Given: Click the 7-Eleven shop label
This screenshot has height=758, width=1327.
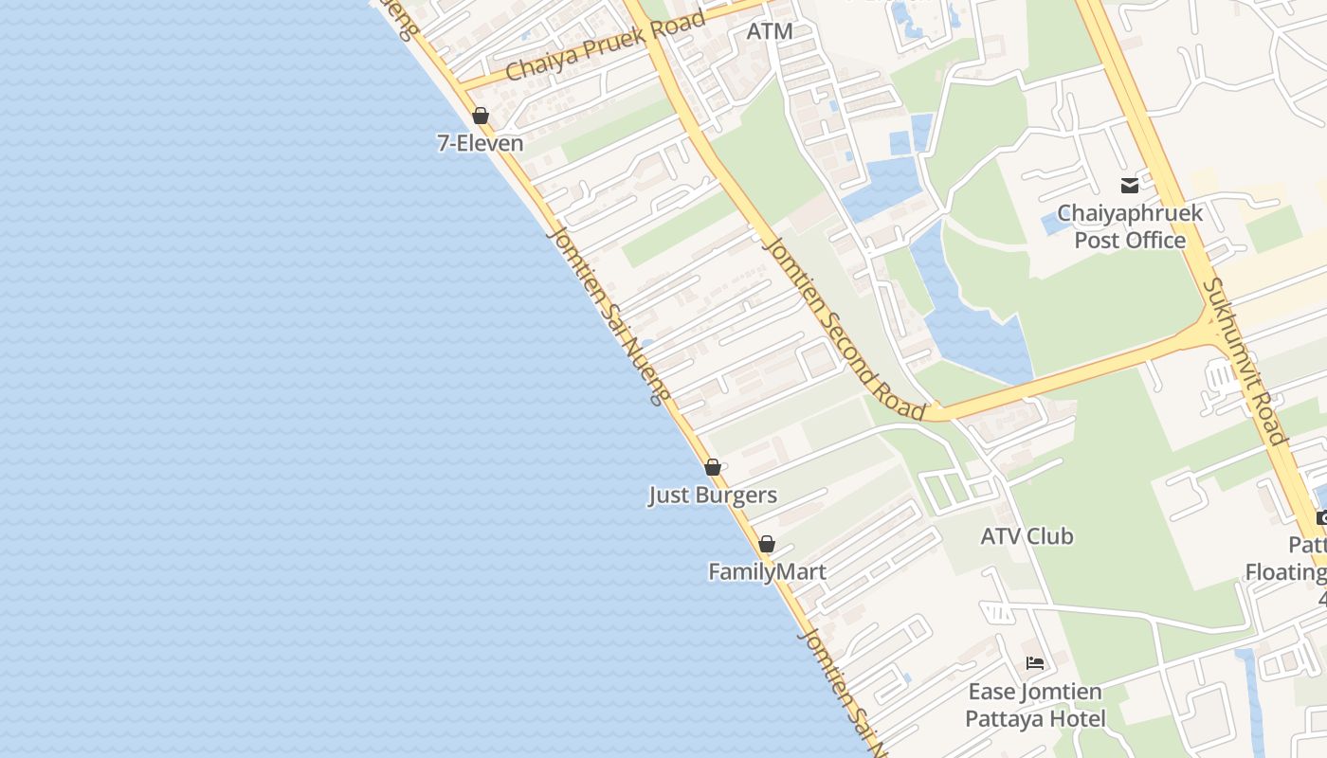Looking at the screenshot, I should click(480, 144).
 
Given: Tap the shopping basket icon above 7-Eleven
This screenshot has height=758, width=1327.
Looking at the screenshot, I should click(481, 116).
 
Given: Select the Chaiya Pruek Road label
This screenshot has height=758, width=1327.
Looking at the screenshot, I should click(606, 45).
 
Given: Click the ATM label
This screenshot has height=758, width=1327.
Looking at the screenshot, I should click(770, 31).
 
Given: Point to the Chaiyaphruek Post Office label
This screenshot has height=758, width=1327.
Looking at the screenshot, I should click(1130, 226).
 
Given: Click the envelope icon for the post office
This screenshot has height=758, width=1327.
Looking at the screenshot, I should click(1130, 186).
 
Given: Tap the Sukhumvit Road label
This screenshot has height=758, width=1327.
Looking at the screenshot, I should click(1245, 360).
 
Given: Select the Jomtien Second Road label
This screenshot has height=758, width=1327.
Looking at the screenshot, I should click(844, 327).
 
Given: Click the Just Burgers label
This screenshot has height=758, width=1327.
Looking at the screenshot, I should click(713, 496).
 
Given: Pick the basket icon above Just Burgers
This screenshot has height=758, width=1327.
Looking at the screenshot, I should click(713, 467).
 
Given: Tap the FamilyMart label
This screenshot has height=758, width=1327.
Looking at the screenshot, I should click(767, 572).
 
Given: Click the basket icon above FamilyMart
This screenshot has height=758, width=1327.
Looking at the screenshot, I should click(767, 544).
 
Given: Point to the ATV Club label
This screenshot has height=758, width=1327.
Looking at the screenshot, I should click(1027, 536).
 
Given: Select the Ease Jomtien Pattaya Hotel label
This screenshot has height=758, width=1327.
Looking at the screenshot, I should click(1035, 705).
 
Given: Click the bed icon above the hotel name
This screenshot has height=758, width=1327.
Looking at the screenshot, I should click(1035, 663).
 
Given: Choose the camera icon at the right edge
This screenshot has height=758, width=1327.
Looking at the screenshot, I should click(1321, 517).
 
